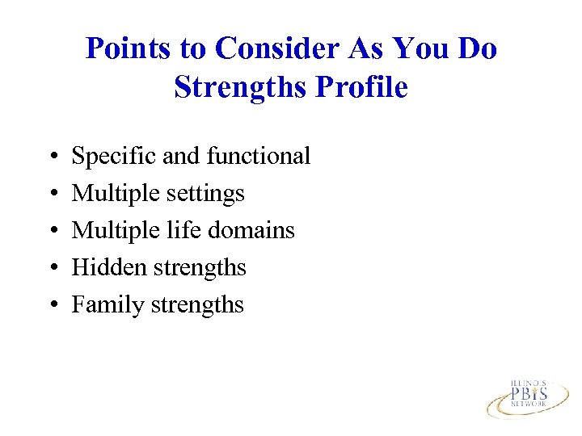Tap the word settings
tap(206, 193)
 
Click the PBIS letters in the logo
tap(529, 393)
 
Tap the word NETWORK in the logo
tap(529, 406)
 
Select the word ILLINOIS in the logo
tap(529, 381)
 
